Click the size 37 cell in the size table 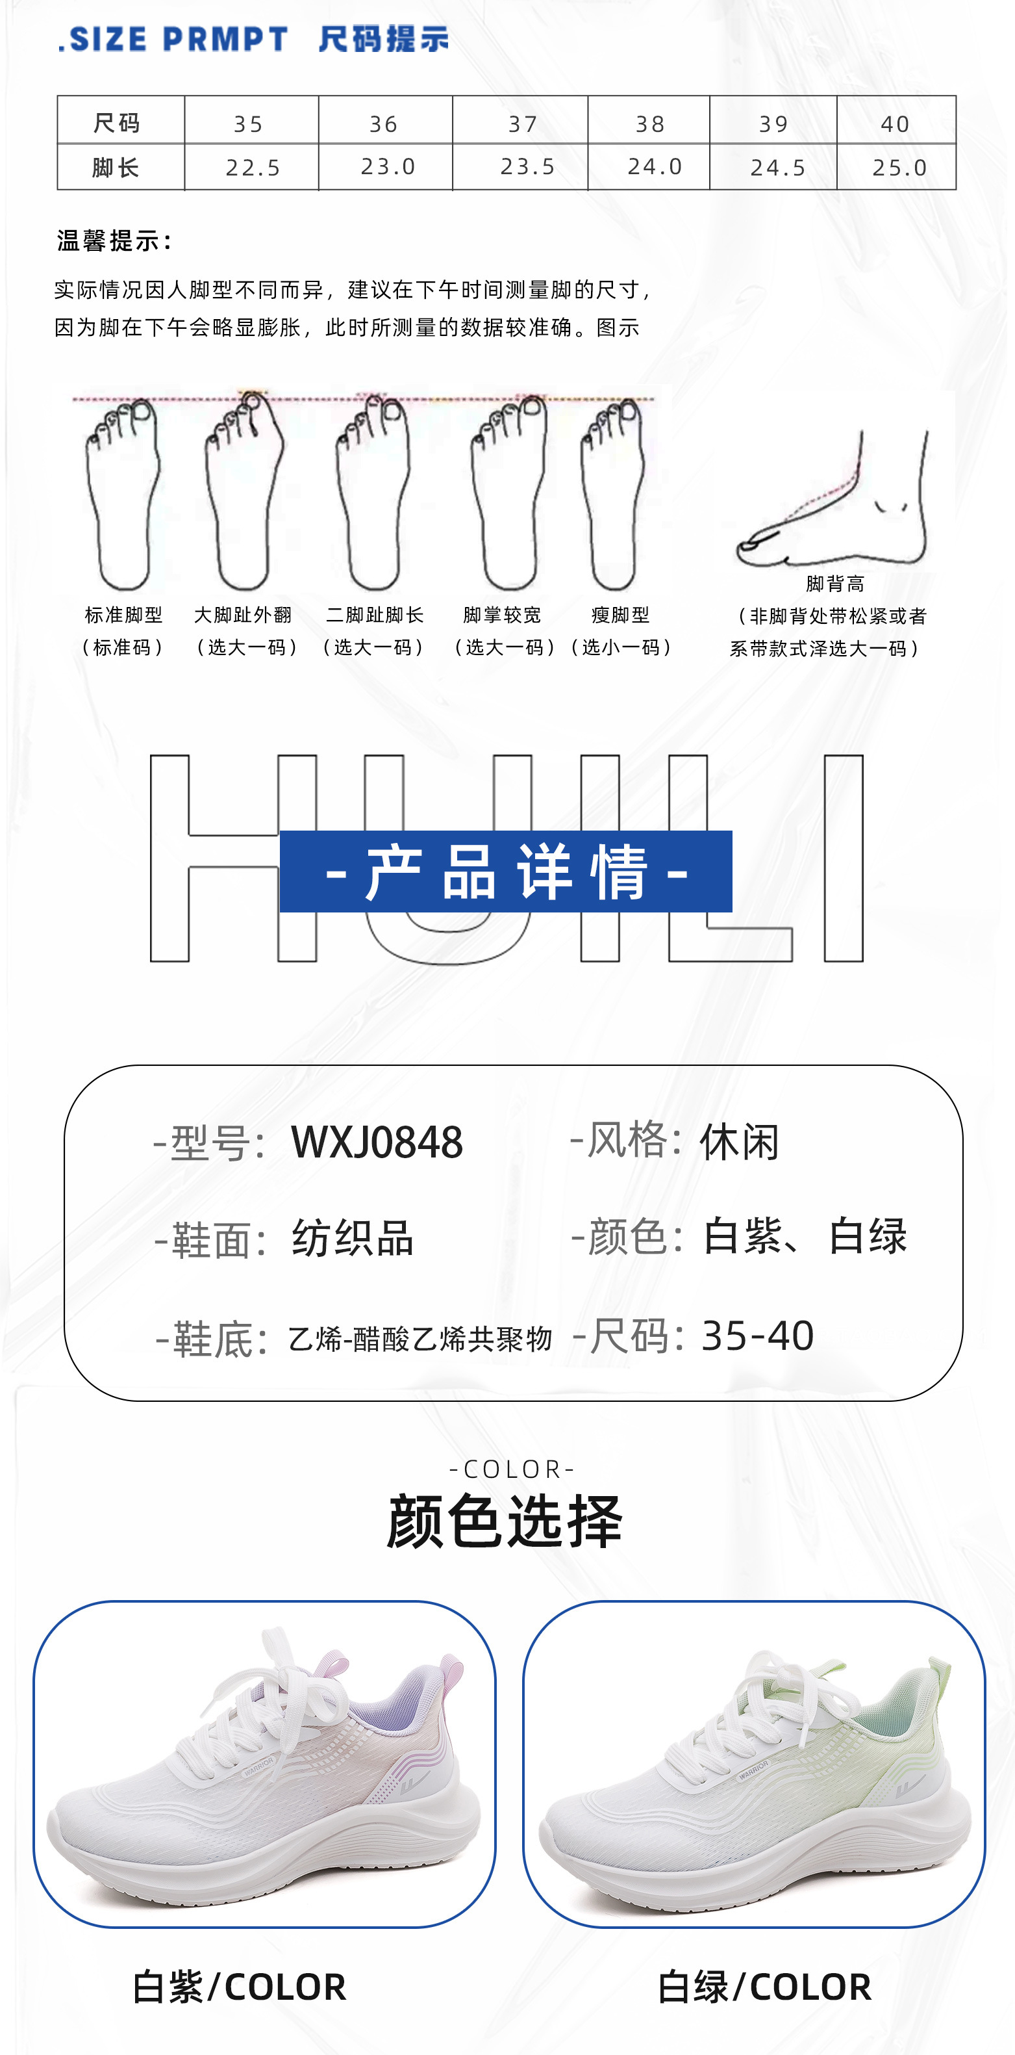[522, 123]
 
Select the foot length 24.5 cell [777, 168]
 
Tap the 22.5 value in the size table [253, 168]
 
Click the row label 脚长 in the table [116, 168]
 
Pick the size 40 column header [895, 123]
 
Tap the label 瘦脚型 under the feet [620, 615]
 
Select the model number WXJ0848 [377, 1142]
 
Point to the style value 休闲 [738, 1142]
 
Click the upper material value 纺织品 [353, 1238]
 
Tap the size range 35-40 [757, 1336]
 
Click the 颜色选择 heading [504, 1521]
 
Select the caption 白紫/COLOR [239, 1986]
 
